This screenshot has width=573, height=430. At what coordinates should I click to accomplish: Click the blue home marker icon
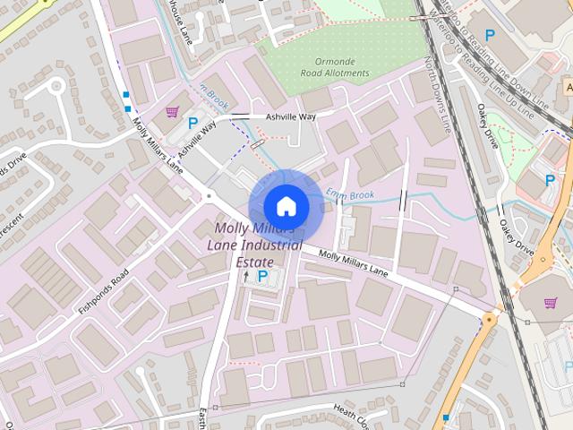pyautogui.click(x=286, y=205)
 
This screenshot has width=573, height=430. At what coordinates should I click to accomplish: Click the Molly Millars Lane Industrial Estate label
pyautogui.click(x=252, y=243)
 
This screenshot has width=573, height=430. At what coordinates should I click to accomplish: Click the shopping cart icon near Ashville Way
pyautogui.click(x=171, y=112)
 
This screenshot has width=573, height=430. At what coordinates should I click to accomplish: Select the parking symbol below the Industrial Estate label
pyautogui.click(x=262, y=277)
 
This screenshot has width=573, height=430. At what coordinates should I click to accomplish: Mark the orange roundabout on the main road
pyautogui.click(x=490, y=318)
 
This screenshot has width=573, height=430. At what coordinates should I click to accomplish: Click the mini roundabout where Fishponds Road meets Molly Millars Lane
pyautogui.click(x=209, y=195)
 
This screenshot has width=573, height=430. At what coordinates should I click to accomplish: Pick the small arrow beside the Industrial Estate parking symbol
pyautogui.click(x=246, y=277)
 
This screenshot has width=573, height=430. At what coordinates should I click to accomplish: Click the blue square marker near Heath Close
pyautogui.click(x=446, y=417)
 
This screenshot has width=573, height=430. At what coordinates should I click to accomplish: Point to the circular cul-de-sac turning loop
pyautogui.click(x=56, y=87)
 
